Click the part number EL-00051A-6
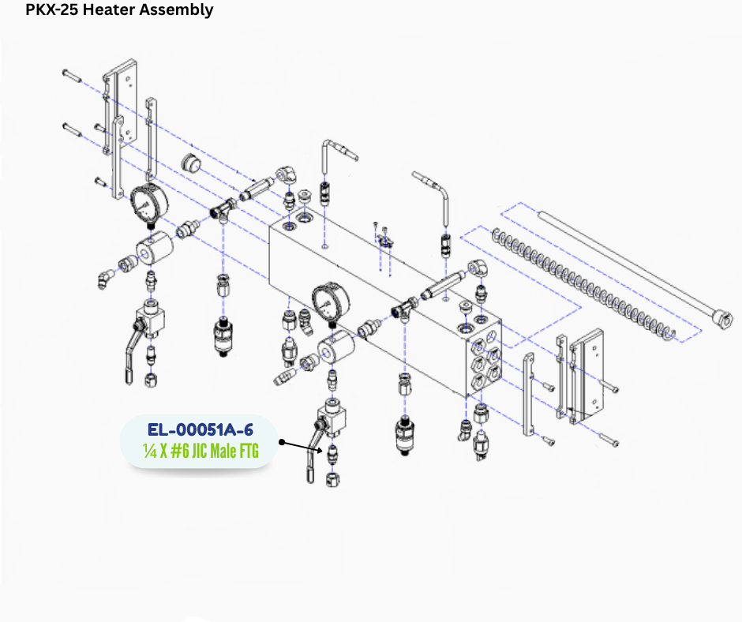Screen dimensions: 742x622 click(x=200, y=430)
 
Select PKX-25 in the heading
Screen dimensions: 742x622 click(x=52, y=9)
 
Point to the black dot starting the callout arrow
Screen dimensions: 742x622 click(x=282, y=442)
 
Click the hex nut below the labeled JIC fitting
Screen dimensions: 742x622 click(x=332, y=479)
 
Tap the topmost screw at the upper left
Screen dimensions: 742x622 click(x=72, y=75)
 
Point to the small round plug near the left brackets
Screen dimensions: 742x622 click(x=191, y=163)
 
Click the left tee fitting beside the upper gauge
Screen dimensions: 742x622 click(x=223, y=208)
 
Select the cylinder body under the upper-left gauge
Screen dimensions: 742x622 click(x=154, y=248)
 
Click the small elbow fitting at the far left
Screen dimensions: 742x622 click(x=106, y=279)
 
